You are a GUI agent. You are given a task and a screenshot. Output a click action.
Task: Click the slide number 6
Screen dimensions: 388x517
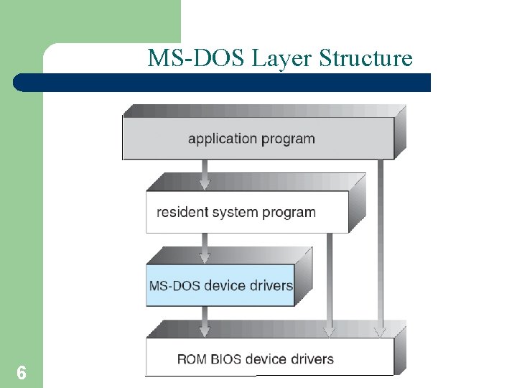click(x=22, y=373)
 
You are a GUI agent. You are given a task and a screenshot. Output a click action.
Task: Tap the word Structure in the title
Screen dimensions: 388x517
click(x=365, y=57)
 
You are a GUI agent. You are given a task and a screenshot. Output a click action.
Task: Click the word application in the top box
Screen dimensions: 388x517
click(x=222, y=139)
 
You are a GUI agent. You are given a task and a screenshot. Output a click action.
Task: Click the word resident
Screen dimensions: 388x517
click(x=181, y=212)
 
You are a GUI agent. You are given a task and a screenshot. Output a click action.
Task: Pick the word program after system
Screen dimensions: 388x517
click(x=289, y=212)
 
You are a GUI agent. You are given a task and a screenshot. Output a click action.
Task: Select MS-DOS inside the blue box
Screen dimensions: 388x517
click(x=174, y=285)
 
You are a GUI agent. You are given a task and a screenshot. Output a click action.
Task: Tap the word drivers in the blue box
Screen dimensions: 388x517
click(x=271, y=285)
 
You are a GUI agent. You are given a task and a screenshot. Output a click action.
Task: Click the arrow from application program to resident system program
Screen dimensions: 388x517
click(x=205, y=175)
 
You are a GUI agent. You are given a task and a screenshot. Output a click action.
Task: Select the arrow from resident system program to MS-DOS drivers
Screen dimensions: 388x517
click(x=205, y=249)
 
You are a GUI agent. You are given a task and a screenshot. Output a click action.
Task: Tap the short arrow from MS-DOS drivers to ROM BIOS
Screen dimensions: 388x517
click(x=205, y=322)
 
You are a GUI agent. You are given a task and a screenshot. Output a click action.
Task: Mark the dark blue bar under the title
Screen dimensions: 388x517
click(x=223, y=83)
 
